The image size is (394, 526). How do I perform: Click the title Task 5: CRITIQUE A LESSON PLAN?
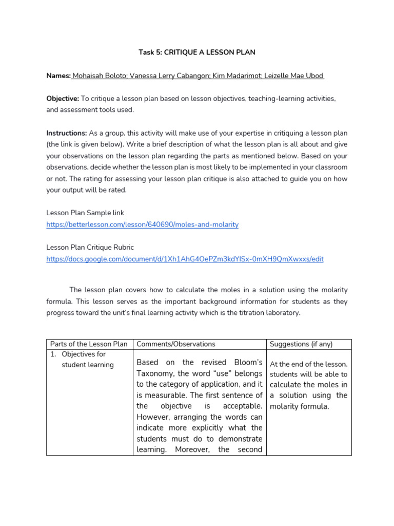197,52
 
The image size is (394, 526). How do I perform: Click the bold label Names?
58,76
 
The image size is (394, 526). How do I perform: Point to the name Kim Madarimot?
238,76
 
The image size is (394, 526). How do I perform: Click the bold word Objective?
63,98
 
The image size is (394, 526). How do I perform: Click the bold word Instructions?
67,133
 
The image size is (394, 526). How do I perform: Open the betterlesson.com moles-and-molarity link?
142,224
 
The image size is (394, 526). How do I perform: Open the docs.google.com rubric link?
185,259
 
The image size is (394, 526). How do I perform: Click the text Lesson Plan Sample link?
85,213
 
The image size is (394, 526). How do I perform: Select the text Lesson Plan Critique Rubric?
90,247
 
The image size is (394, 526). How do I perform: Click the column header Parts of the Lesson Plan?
89,344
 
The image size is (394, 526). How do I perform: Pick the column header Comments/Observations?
176,344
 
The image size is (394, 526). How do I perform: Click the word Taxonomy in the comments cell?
155,373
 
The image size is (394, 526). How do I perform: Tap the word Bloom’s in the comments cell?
248,363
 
